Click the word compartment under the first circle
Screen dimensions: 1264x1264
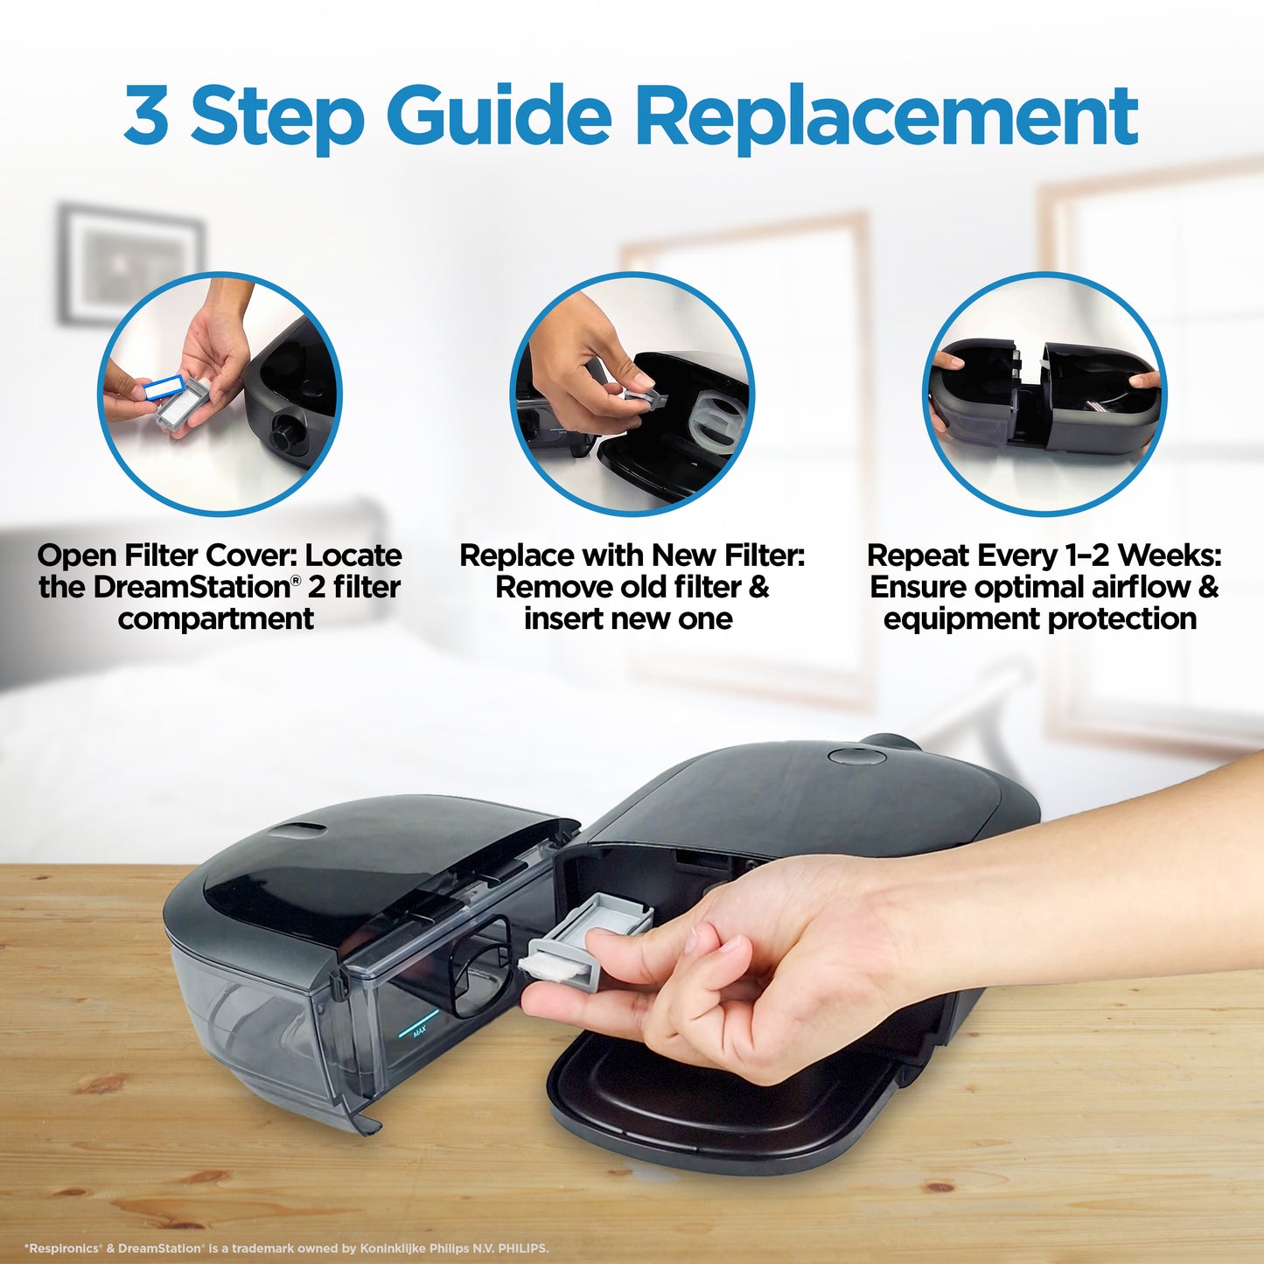tap(215, 618)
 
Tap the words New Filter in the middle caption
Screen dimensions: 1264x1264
tap(728, 555)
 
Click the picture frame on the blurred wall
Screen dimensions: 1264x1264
tap(130, 262)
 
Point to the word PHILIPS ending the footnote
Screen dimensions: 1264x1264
tap(522, 1248)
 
